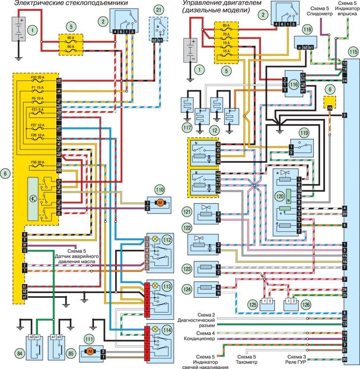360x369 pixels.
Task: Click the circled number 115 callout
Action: (x=353, y=51)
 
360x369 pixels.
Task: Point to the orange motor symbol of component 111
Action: (x=90, y=352)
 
